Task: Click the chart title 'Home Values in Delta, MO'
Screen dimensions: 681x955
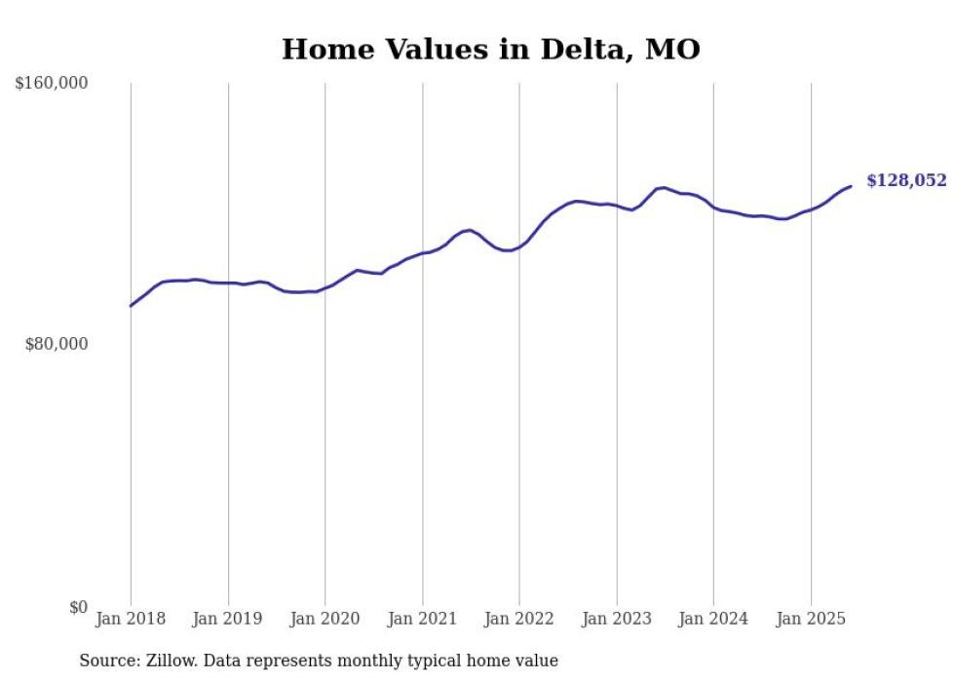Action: (490, 50)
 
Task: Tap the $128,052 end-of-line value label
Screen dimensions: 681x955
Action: (905, 180)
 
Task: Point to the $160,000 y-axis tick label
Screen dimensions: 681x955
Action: (52, 84)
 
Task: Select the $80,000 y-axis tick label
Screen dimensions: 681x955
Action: (56, 344)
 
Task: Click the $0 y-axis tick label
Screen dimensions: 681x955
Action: (78, 607)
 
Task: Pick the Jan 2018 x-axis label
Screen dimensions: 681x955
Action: (131, 619)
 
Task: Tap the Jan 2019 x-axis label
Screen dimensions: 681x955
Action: (228, 619)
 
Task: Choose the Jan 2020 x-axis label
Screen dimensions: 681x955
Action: (325, 619)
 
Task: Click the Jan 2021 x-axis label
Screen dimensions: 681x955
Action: (423, 619)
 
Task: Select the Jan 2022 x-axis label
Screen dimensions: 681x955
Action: (519, 619)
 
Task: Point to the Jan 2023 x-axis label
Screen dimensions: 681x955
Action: (617, 619)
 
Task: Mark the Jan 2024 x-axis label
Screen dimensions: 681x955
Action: (713, 619)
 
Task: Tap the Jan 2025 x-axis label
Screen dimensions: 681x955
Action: (811, 619)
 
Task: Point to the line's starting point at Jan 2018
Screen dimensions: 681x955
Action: (131, 306)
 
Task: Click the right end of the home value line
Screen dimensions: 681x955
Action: (851, 186)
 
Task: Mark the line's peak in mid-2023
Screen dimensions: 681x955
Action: (664, 187)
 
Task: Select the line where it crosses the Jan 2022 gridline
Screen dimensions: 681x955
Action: (519, 247)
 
